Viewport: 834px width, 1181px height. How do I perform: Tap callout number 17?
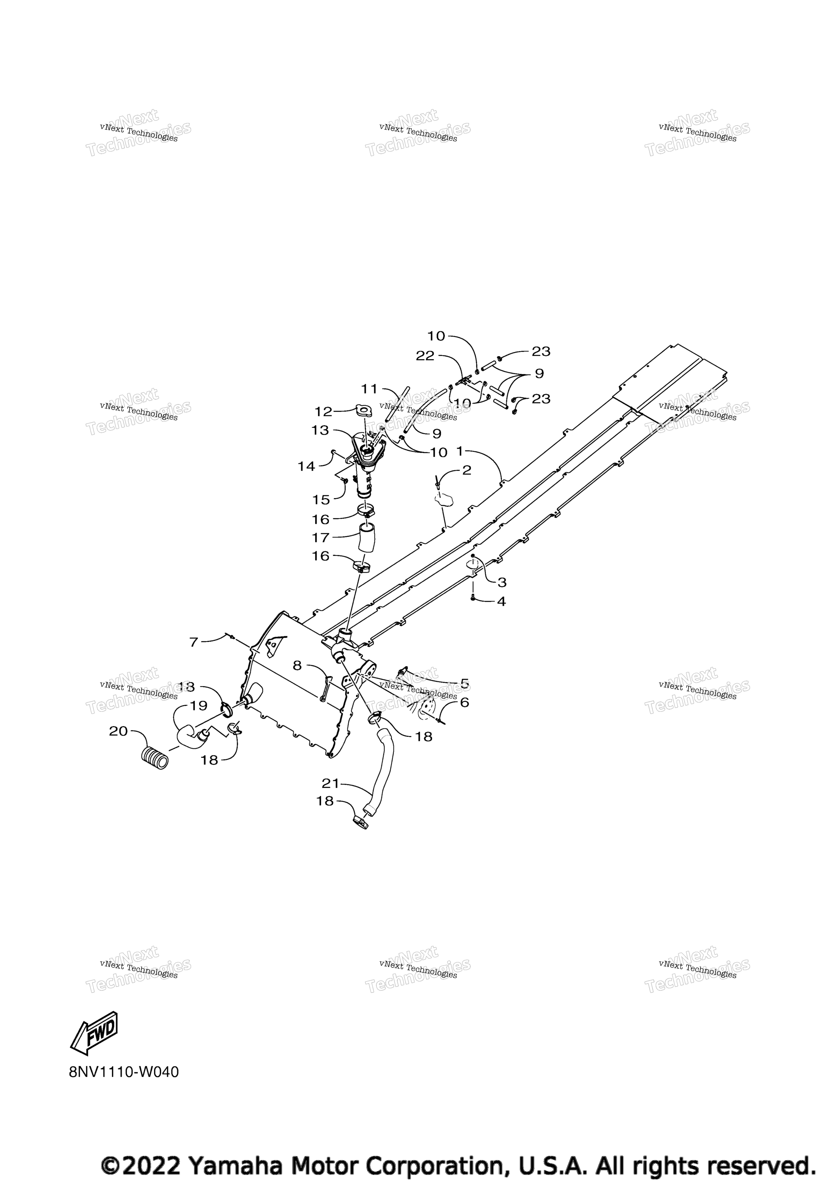pyautogui.click(x=321, y=538)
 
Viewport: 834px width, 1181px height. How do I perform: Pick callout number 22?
pyautogui.click(x=425, y=356)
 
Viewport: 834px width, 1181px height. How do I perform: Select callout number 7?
pyautogui.click(x=194, y=642)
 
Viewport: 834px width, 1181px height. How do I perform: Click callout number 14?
pyautogui.click(x=307, y=466)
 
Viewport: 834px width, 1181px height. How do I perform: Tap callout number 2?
pyautogui.click(x=467, y=470)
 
